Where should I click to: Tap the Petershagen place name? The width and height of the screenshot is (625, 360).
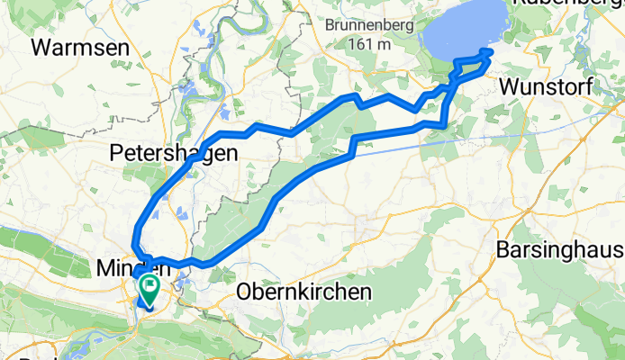pyautogui.click(x=174, y=154)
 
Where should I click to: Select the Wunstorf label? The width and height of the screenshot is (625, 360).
pyautogui.click(x=548, y=87)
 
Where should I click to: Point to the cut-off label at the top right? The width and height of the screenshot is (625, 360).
pyautogui.click(x=567, y=4)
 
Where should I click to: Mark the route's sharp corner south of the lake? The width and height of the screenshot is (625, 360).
pyautogui.click(x=444, y=123)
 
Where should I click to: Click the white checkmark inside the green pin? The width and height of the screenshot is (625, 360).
pyautogui.click(x=147, y=287)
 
